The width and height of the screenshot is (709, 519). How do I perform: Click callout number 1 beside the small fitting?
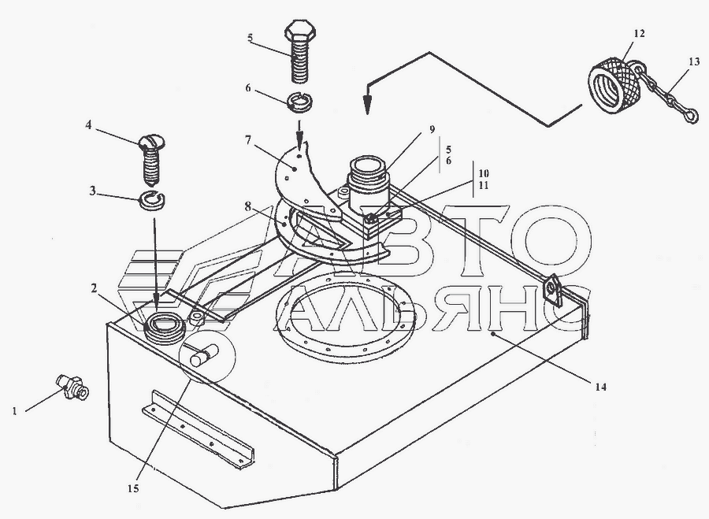pos(15,411)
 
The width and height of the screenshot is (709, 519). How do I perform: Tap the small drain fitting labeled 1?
pos(72,387)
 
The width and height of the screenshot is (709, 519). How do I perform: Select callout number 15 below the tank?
pos(133,488)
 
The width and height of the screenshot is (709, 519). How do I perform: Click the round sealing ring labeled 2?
pos(164,328)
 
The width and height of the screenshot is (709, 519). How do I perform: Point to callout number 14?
pos(600,387)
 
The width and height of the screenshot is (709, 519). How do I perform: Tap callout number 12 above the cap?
pos(640,33)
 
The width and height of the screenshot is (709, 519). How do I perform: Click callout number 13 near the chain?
pos(694,62)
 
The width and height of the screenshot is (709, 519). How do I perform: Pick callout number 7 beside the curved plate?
pos(248,139)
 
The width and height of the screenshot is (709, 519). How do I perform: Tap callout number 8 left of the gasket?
pos(248,206)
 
